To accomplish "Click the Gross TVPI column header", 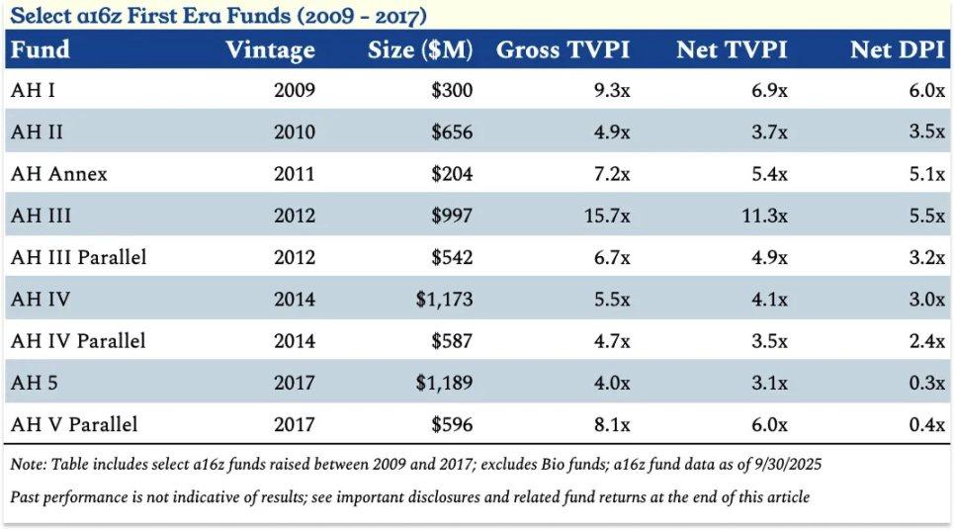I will [563, 49].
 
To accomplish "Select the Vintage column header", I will [270, 49].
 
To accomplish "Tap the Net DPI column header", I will [898, 49].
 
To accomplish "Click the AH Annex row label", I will [59, 174].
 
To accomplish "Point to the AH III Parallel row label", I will [79, 257].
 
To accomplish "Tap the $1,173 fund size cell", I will [445, 300].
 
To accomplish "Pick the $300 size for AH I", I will [453, 91].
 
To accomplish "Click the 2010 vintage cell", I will [295, 132].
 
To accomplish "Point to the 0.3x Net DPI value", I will [926, 383].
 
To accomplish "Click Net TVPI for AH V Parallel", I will [767, 425].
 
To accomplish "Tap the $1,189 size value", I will [445, 383].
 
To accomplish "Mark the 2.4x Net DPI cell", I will [926, 341].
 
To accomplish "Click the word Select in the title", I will [41, 16].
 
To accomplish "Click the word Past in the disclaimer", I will [27, 497].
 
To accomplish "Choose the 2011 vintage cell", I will [295, 174].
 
